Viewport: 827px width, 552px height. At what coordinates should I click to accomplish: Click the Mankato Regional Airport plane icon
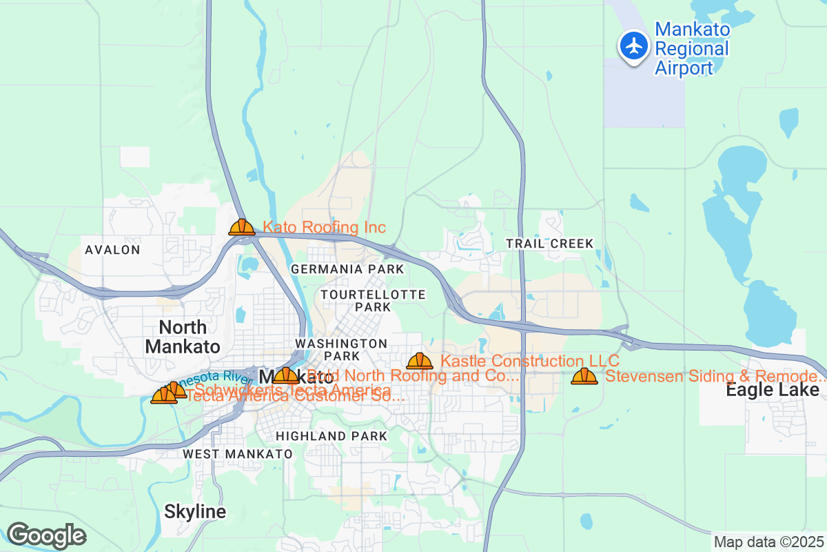(633, 46)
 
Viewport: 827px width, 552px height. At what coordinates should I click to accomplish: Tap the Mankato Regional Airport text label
(691, 49)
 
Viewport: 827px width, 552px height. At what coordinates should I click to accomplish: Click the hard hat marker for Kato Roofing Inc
(242, 227)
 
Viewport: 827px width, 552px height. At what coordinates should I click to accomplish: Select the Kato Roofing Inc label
(324, 228)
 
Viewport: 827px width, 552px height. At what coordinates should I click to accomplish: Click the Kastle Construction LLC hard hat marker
(420, 361)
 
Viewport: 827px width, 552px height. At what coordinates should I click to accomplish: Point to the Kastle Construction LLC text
(529, 361)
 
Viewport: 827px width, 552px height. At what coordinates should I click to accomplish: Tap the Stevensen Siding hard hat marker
(584, 376)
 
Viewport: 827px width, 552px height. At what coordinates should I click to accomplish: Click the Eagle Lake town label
(773, 391)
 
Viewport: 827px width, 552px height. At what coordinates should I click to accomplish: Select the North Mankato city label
(183, 336)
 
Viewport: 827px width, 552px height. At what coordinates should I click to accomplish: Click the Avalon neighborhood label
(112, 250)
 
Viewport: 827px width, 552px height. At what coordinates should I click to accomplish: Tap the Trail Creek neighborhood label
(549, 244)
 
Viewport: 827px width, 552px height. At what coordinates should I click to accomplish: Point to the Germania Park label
(347, 268)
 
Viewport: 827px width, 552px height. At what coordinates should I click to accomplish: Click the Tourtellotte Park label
(373, 300)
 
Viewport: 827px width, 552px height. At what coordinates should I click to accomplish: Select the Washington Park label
(341, 349)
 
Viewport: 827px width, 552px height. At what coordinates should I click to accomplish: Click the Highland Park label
(331, 436)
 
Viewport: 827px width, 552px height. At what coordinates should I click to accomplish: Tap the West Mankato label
(238, 454)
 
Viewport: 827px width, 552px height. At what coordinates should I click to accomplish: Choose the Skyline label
(195, 512)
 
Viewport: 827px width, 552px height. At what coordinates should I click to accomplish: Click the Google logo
(46, 535)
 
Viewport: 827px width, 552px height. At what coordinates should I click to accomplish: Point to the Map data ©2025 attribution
(768, 542)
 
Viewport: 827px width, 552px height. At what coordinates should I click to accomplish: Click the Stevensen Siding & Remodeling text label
(715, 377)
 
